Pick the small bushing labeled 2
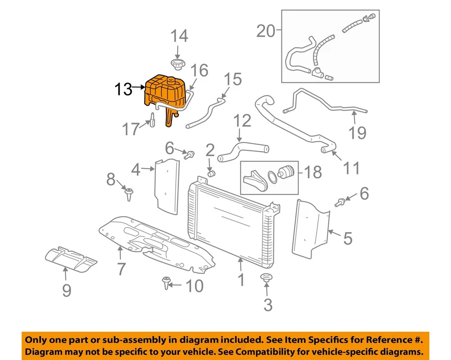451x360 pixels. (x=211, y=174)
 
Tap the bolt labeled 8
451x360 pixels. (x=128, y=193)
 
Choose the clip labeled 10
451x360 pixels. (x=166, y=283)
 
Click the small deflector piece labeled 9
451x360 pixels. (x=71, y=258)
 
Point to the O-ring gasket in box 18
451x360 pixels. (x=272, y=177)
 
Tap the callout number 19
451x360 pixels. (x=358, y=133)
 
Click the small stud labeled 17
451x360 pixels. (x=152, y=120)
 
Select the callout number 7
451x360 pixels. (x=121, y=269)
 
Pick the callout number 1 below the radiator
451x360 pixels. (x=241, y=281)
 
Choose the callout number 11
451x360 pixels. (x=351, y=167)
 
